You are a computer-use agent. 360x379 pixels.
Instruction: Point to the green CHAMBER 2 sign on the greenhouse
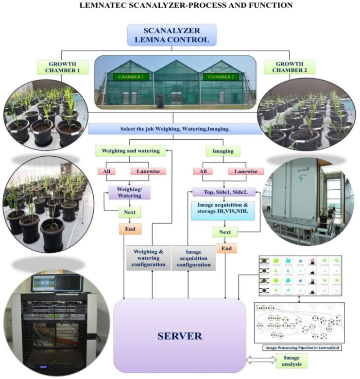click(x=222, y=76)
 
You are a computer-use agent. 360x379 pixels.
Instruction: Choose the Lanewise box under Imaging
click(x=245, y=172)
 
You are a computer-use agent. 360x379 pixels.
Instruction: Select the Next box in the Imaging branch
click(x=225, y=232)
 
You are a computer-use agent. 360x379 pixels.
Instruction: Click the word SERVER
click(x=179, y=335)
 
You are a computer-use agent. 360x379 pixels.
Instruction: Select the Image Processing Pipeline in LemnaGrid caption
click(x=298, y=347)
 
